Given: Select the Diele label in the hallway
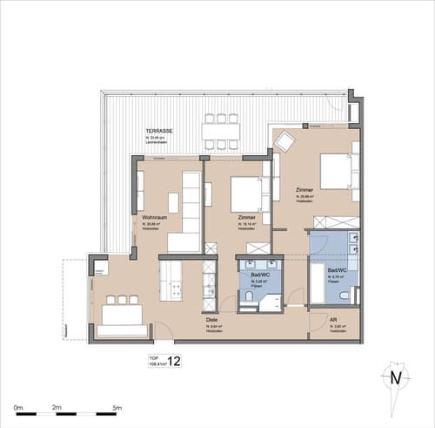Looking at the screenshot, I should pos(211,320).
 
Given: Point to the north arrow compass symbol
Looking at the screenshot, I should pos(396,377).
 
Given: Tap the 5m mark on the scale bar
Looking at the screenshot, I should pos(117,408).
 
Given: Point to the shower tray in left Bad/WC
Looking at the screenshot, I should pos(271,302).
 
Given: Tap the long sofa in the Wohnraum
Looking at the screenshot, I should pos(191,200).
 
